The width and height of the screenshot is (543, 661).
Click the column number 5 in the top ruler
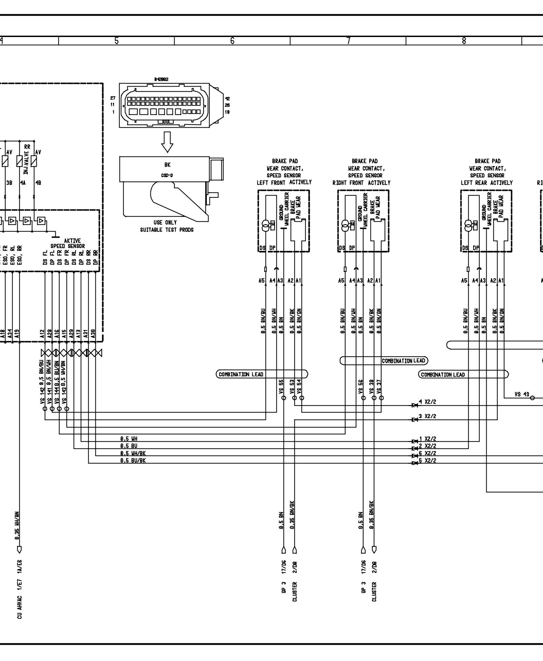[116, 41]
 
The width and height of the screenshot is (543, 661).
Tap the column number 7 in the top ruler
[348, 41]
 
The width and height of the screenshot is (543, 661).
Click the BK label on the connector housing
[167, 165]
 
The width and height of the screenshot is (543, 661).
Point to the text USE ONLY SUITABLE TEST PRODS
[167, 226]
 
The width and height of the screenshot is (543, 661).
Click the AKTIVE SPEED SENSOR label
[68, 243]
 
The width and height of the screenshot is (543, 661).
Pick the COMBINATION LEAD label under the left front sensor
[241, 374]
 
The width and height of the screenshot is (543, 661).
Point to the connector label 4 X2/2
[428, 402]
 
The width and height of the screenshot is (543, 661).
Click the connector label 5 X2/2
[428, 460]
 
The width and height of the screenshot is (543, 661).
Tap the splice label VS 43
[522, 394]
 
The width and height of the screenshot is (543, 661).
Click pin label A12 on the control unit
[42, 334]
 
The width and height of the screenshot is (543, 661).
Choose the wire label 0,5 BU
[129, 446]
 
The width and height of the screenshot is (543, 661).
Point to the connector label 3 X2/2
[428, 416]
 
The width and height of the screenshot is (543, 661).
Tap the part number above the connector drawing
[161, 79]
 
